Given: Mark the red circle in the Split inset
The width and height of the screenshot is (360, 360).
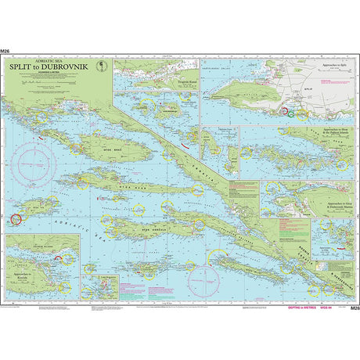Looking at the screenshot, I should point(285,112).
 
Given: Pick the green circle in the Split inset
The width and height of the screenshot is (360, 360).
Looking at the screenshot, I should point(291,114).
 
